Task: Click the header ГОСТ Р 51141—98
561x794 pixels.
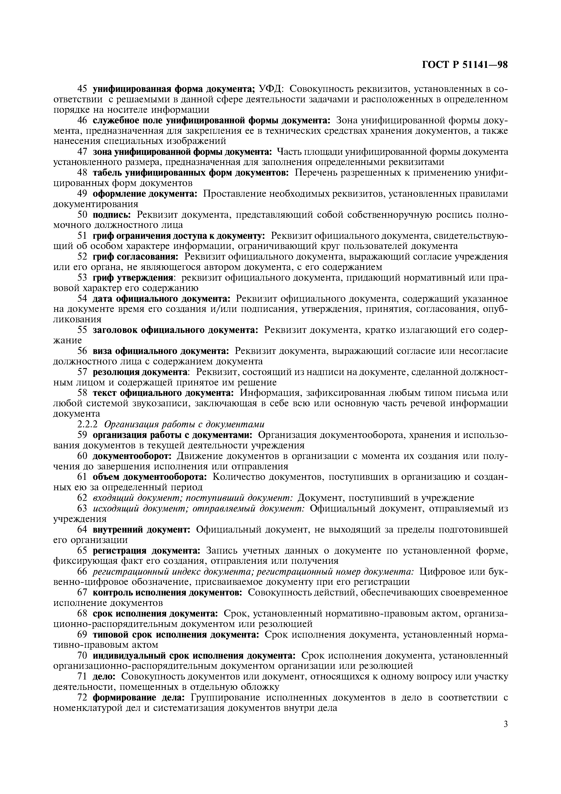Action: coord(465,65)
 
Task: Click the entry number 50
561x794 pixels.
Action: coord(82,215)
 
